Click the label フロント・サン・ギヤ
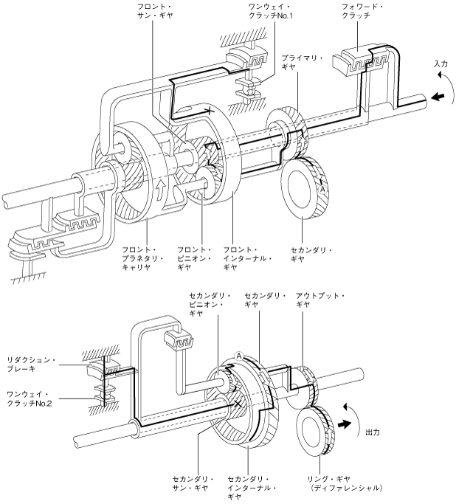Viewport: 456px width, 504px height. (155, 11)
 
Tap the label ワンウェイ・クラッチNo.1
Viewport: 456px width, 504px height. (271, 11)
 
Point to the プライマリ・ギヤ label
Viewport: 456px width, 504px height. (303, 62)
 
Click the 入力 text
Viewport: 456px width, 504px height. (441, 63)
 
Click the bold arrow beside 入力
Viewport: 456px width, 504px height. (438, 97)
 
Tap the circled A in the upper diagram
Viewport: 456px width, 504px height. (323, 190)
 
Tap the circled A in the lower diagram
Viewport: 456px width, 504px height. (239, 356)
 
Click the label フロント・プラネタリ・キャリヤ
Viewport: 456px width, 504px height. (143, 258)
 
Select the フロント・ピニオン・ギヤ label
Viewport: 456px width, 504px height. (194, 258)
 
